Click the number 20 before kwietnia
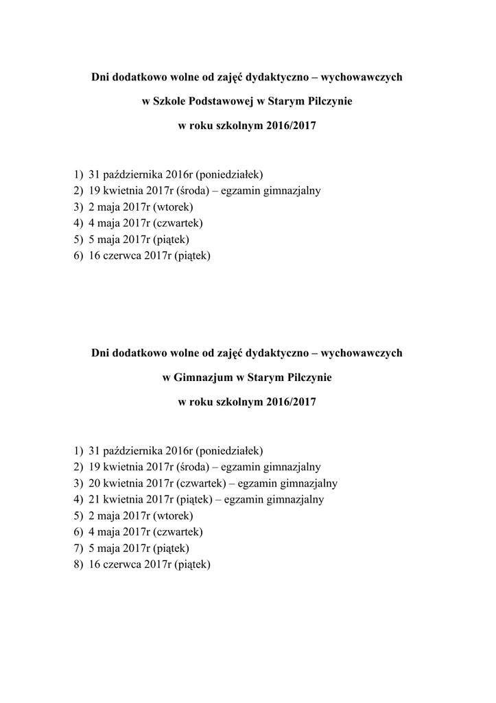coord(95,483)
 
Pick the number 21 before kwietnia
coord(95,499)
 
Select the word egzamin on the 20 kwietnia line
coord(258,483)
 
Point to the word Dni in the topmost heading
coord(102,77)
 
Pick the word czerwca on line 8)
coord(121,565)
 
